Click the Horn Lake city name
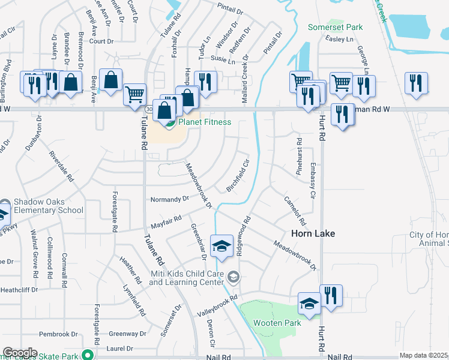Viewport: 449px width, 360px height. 313,233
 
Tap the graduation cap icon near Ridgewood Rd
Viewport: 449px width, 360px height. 221,246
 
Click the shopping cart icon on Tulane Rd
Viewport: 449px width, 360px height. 134,94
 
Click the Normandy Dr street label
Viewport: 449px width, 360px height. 169,199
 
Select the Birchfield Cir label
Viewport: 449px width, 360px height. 238,176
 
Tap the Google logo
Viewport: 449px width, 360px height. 20,353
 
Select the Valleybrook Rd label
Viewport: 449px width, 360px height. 218,306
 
